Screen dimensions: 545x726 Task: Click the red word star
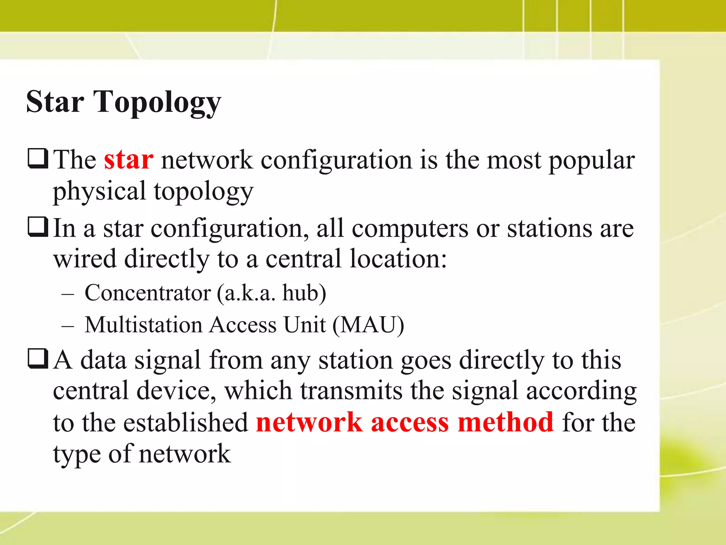[128, 160]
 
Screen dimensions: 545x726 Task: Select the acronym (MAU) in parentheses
[368, 325]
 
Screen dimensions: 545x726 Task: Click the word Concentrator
[148, 293]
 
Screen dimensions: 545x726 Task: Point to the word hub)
[304, 293]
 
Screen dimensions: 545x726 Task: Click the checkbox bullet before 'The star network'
[38, 159]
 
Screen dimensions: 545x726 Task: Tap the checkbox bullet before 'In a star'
[38, 227]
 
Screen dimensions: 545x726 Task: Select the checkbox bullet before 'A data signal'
[38, 359]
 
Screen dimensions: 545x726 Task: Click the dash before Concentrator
[67, 294]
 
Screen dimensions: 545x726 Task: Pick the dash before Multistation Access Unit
[67, 326]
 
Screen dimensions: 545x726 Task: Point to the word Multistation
[143, 325]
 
